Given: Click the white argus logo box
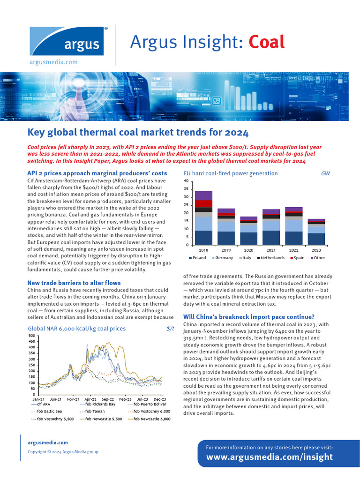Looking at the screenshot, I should tap(69, 42).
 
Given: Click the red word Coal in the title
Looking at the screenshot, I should tap(266, 42).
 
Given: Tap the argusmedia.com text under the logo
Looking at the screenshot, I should tap(53, 62).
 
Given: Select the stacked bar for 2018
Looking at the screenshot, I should tap(203, 218).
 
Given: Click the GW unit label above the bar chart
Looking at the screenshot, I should tap(325, 173).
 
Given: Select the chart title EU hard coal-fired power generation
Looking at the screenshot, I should tap(230, 173).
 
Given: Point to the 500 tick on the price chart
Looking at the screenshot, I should tap(32, 336).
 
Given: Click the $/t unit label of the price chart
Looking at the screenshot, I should tap(170, 329).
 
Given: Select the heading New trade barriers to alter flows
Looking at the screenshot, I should tap(74, 283).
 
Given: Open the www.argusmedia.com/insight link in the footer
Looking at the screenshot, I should tap(270, 457).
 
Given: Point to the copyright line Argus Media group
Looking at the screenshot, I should tap(63, 452).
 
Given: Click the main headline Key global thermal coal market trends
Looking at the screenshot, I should tap(138, 132).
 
